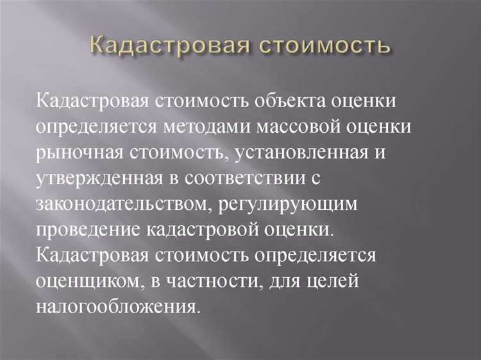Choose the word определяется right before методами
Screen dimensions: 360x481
coord(134,128)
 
